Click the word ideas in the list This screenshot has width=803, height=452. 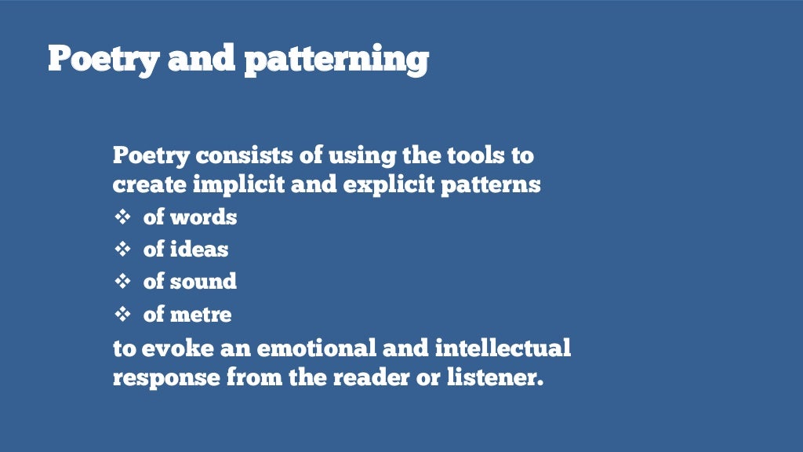tap(199, 250)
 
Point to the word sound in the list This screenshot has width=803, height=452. tap(203, 281)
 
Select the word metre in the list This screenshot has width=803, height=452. tap(201, 315)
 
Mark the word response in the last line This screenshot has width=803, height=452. tap(165, 378)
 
